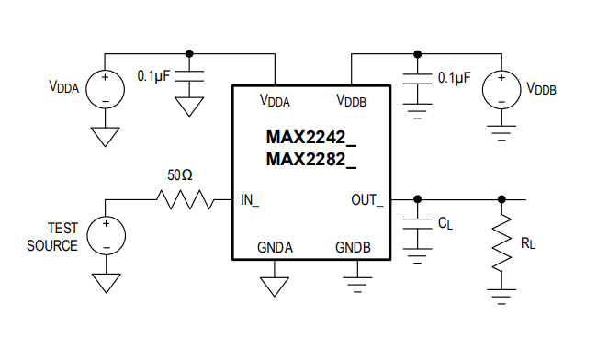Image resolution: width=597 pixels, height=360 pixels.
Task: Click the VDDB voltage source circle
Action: [x=501, y=88]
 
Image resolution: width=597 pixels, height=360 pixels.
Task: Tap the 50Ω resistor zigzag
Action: [x=186, y=198]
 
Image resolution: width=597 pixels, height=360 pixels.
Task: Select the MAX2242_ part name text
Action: [x=310, y=138]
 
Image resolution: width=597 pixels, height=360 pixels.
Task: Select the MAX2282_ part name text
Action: [x=310, y=160]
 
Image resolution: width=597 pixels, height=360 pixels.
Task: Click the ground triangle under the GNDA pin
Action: [x=275, y=287]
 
